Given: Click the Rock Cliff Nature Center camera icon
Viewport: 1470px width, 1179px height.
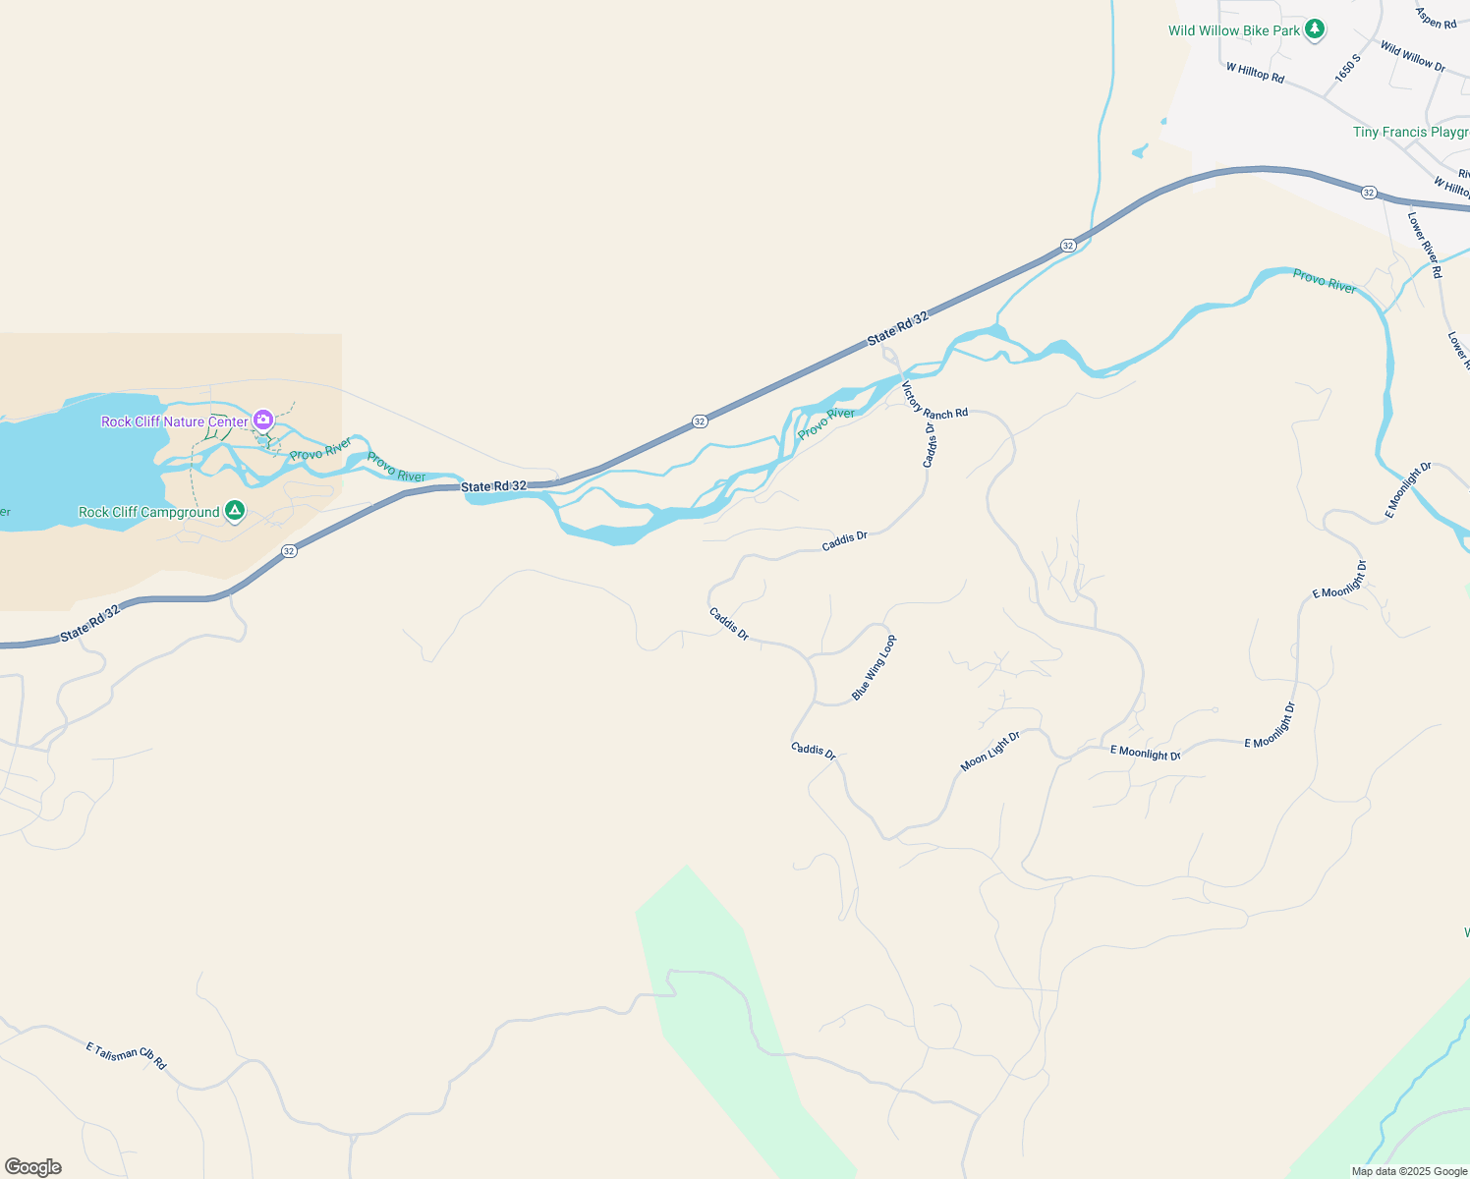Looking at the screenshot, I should (x=262, y=421).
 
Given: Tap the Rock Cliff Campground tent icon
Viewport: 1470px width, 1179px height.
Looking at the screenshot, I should (x=234, y=511).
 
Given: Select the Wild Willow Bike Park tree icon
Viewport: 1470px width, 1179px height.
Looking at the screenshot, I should (x=1315, y=29).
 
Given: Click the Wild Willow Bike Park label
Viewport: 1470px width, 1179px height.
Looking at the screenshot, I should (x=1233, y=30).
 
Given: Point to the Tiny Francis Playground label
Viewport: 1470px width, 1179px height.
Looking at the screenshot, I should (x=1410, y=132).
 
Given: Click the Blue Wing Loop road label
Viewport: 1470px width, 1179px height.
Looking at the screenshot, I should (x=874, y=668).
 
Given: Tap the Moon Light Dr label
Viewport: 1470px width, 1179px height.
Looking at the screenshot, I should (x=989, y=752).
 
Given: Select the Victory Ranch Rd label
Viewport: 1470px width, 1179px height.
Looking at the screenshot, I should (x=934, y=402).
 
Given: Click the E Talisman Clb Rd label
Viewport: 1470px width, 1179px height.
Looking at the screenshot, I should (x=126, y=1055).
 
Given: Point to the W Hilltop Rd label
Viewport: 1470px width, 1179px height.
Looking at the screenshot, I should (x=1255, y=73).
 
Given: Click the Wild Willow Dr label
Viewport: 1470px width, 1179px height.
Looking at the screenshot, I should (x=1412, y=56).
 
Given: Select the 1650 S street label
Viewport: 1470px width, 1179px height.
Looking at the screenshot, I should (x=1347, y=68).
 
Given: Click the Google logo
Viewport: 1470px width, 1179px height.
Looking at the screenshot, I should (x=33, y=1166).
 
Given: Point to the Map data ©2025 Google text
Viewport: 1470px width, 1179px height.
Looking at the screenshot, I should (x=1408, y=1171).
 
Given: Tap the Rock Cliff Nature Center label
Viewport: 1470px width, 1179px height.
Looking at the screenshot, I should (x=174, y=421).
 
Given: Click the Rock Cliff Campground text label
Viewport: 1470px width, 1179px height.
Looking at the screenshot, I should (x=149, y=512).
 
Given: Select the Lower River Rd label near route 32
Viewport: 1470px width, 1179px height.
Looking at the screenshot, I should (x=1425, y=245).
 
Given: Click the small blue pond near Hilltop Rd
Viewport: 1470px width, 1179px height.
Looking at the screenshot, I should (x=1140, y=151).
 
